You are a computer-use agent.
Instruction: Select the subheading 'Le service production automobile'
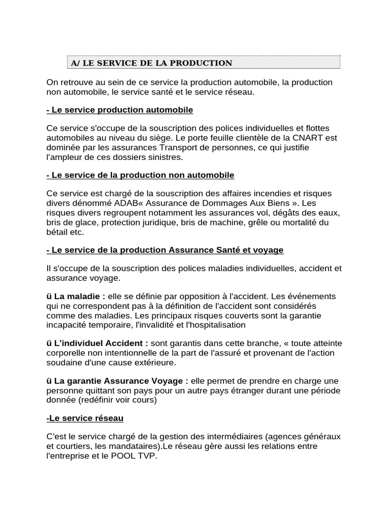120,110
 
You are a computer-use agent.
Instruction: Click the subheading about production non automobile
141,175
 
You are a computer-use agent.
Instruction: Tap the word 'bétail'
58,232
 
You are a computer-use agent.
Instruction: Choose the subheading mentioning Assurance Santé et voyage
165,250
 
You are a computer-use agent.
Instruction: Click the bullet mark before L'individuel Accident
49,343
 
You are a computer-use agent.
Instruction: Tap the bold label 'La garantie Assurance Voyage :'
121,381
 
